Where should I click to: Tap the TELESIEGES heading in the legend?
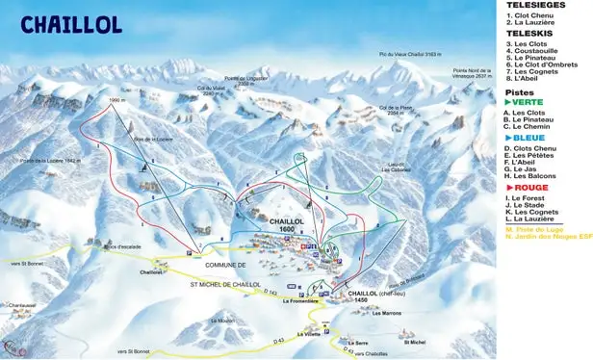coord(530,5)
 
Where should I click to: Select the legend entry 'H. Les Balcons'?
coord(533,174)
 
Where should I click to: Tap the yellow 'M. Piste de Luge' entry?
coord(536,229)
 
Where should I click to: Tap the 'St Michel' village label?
coord(414,342)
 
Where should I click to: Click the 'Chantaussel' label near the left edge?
coord(16,306)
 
